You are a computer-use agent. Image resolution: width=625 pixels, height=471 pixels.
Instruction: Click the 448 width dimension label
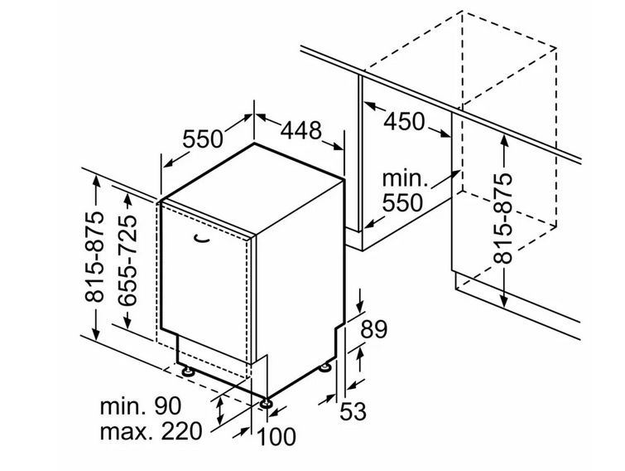pos(301,130)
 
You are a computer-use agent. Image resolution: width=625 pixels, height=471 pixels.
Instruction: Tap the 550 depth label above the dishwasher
pos(203,139)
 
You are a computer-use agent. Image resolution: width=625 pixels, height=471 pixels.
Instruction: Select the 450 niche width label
pos(404,122)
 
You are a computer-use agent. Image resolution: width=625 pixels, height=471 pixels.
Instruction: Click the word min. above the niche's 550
pos(405,178)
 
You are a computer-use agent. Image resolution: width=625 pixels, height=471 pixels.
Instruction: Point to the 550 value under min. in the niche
pos(402,203)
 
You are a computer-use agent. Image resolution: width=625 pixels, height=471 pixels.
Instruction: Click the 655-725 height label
pos(128,261)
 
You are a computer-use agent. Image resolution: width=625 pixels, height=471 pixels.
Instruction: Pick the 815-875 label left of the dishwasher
pos(95,256)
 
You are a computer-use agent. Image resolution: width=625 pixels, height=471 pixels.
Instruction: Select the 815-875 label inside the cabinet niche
pos(502,218)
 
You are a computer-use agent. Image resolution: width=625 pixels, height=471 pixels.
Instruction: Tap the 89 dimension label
pos(373,330)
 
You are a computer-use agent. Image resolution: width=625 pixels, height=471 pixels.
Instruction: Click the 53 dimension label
pos(353,411)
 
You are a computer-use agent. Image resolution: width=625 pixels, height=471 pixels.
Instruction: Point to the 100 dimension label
pos(277,436)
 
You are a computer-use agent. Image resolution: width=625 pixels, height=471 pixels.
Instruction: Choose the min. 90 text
pos(140,406)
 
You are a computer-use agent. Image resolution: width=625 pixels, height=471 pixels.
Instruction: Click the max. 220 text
pos(151,431)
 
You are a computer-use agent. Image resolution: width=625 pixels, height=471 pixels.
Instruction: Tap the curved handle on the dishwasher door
pos(202,239)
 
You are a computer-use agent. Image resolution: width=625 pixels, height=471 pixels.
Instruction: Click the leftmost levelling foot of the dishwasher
pos(187,371)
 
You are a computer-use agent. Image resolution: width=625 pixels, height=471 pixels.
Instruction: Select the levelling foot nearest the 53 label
pos(325,367)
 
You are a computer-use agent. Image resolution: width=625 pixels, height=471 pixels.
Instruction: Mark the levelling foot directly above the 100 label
pos(266,403)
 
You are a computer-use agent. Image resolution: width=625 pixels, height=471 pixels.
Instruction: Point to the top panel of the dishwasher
pos(252,189)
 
